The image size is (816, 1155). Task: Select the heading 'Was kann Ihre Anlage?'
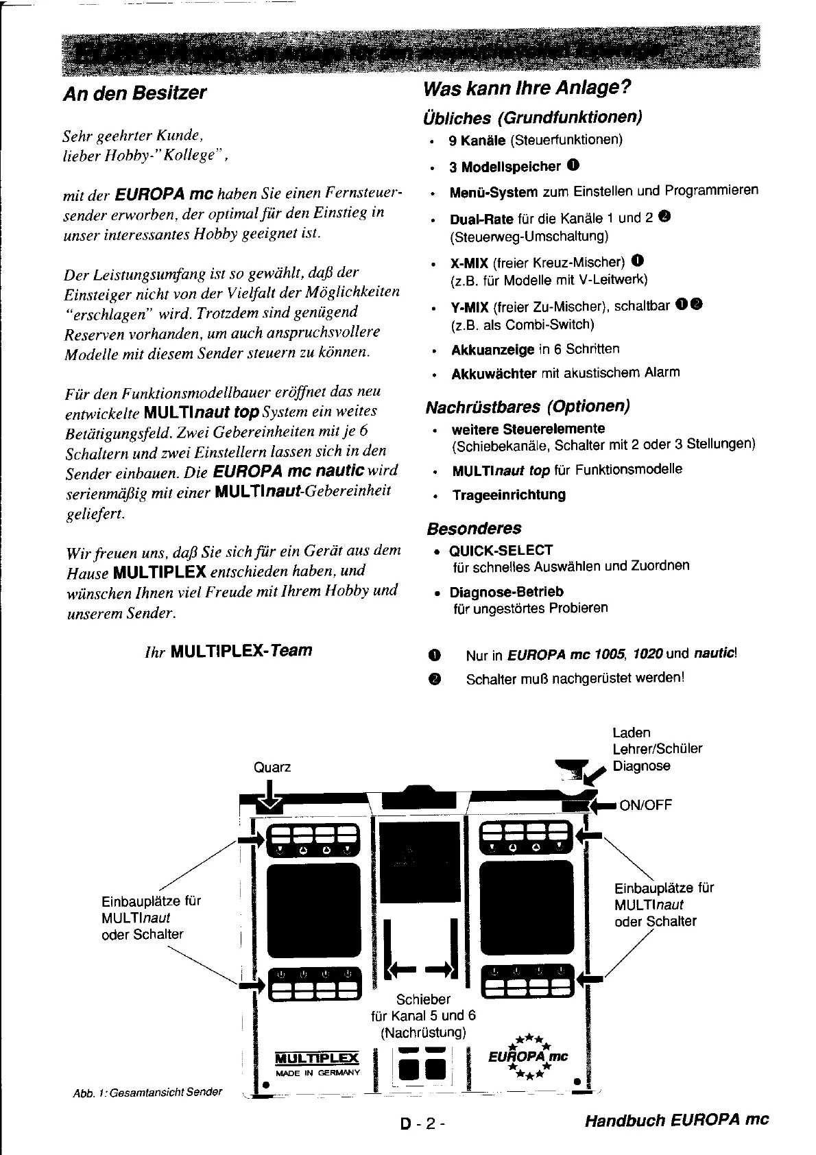527,88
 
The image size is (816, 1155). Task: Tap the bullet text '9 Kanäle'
477,141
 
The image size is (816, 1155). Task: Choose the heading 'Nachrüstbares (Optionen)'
527,407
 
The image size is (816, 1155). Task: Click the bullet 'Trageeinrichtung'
509,495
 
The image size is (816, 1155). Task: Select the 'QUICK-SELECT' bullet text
501,551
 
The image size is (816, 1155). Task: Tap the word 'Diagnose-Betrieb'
506,592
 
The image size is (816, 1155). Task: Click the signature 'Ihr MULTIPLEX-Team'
228,650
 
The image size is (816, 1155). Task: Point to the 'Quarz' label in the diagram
272,767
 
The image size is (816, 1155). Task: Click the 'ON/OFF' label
645,805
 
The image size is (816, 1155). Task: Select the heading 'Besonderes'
473,529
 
